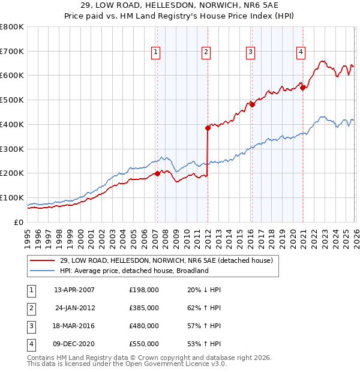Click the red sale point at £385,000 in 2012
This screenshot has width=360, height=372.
(208, 128)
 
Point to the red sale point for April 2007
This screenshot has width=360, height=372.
(157, 173)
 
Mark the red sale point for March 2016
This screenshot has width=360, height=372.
(252, 104)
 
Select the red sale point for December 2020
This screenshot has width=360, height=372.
(303, 88)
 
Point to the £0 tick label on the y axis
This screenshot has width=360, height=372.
(18, 222)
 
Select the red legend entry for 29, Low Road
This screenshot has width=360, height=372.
(166, 260)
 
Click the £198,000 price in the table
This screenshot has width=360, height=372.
(144, 290)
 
